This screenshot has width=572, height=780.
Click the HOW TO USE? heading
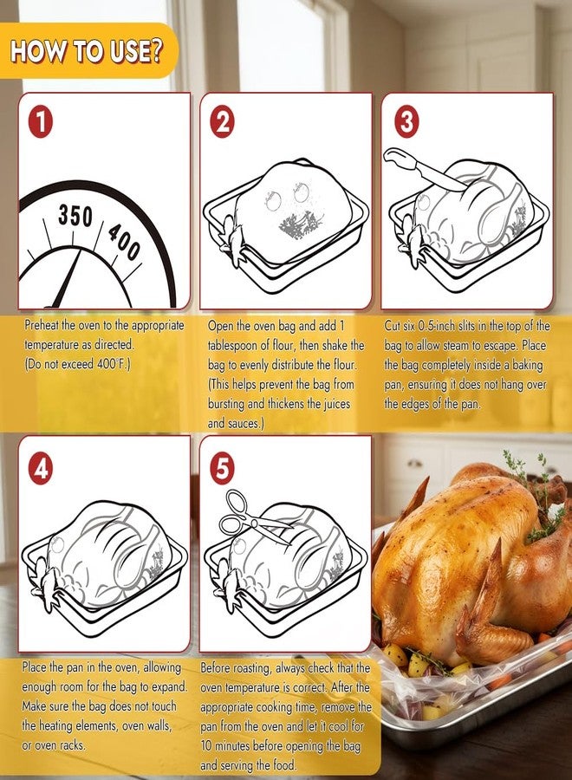click(x=87, y=51)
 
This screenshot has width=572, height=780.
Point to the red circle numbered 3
click(x=406, y=122)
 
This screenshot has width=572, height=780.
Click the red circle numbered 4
click(x=40, y=469)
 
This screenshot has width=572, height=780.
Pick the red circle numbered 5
click(x=223, y=469)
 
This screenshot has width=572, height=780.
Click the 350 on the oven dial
click(x=75, y=216)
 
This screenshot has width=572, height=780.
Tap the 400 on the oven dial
click(x=124, y=242)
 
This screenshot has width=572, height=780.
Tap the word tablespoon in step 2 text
click(x=239, y=345)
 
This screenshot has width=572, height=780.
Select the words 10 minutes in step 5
click(x=231, y=746)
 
